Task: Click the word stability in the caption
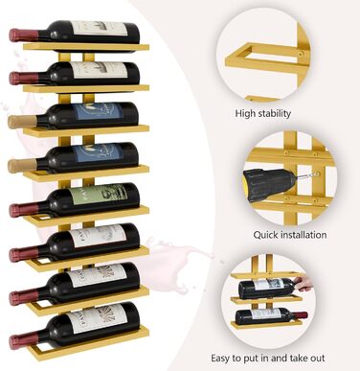click(x=275, y=113)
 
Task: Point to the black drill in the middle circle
click(x=271, y=183)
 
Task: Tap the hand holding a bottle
click(x=302, y=284)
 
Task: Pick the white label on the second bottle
click(x=99, y=71)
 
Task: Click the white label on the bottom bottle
click(x=95, y=319)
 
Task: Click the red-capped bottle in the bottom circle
click(x=272, y=315)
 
